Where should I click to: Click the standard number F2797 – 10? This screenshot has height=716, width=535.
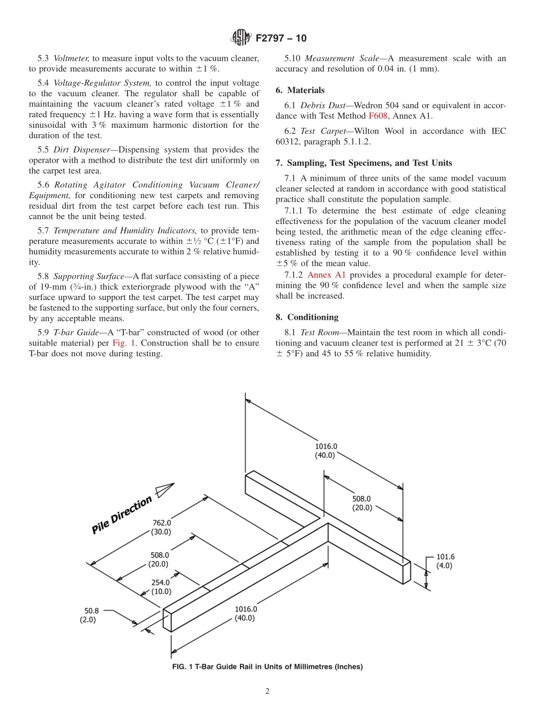point(280,38)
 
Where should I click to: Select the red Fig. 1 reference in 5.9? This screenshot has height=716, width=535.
point(122,343)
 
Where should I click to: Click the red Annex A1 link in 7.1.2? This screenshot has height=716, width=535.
point(326,275)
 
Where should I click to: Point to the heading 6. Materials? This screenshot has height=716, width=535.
point(300,90)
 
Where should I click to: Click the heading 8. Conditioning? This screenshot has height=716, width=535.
point(307,317)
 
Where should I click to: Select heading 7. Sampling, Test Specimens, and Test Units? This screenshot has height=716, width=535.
point(363,163)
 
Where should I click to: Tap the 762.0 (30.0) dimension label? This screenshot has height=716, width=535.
point(160,526)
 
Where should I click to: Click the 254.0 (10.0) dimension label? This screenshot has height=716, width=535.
point(160,587)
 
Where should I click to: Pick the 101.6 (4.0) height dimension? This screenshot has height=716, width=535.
point(445,561)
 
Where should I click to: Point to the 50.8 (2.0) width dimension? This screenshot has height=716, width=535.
point(91,614)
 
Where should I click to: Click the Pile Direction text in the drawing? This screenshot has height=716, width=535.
point(122,514)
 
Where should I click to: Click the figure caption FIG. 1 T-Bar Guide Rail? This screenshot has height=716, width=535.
point(267,666)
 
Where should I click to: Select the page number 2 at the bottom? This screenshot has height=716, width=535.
point(267,691)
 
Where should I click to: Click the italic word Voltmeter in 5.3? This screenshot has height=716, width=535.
point(71,58)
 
